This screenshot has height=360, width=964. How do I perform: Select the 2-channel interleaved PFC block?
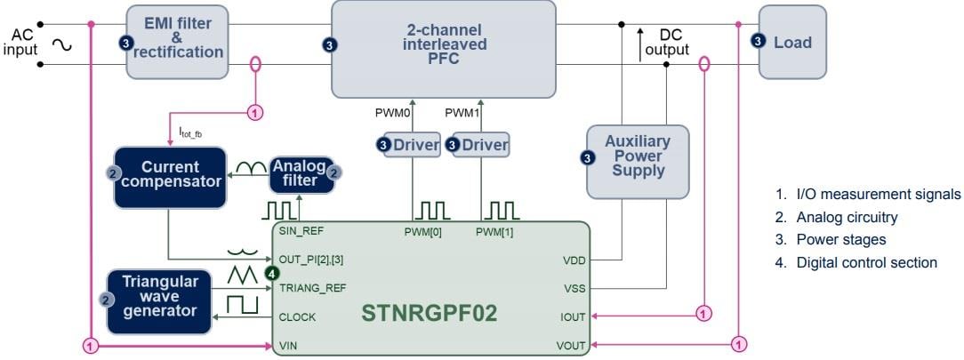pyautogui.click(x=443, y=48)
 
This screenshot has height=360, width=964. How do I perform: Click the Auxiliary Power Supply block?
pyautogui.click(x=638, y=161)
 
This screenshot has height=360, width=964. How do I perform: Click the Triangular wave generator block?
pyautogui.click(x=158, y=301)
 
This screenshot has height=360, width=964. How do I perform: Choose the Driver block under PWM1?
pyautogui.click(x=480, y=144)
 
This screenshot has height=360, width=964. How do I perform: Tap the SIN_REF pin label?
pyautogui.click(x=299, y=232)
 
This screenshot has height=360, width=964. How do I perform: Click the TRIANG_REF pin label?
pyautogui.click(x=311, y=288)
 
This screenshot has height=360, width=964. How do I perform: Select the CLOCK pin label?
pyautogui.click(x=297, y=316)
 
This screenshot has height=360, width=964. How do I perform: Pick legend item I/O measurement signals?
pyautogui.click(x=867, y=194)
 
